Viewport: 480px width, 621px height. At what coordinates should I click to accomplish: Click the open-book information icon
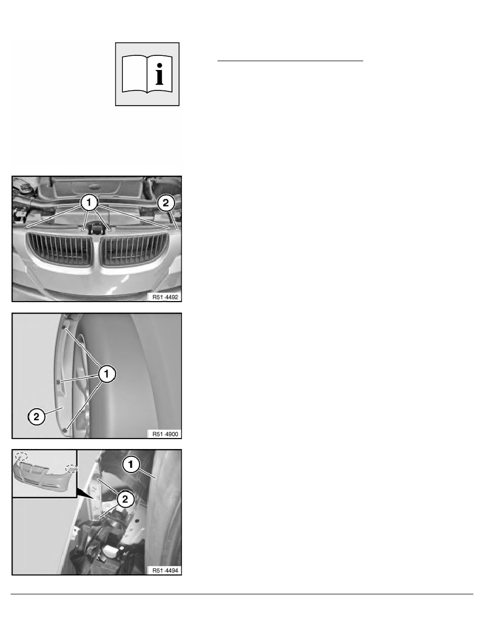pyautogui.click(x=147, y=74)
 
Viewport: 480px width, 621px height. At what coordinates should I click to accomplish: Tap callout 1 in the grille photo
pyautogui.click(x=89, y=202)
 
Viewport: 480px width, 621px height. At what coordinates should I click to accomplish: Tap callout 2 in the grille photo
pyautogui.click(x=166, y=203)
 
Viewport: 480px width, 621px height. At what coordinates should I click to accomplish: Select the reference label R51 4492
pyautogui.click(x=166, y=297)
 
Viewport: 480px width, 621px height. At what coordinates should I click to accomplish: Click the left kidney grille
pyautogui.click(x=60, y=249)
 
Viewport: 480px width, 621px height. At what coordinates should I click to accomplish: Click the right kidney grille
pyautogui.click(x=134, y=249)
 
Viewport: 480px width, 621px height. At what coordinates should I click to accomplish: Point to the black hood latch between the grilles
pyautogui.click(x=96, y=228)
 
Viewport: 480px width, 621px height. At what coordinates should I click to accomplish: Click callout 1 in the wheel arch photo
pyautogui.click(x=107, y=373)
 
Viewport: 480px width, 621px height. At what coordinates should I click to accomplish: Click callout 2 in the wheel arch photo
pyautogui.click(x=37, y=417)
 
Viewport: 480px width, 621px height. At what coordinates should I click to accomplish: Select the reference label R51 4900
pyautogui.click(x=166, y=434)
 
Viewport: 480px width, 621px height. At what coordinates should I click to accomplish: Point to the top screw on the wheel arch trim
pyautogui.click(x=64, y=327)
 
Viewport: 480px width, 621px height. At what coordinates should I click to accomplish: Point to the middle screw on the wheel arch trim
pyautogui.click(x=59, y=382)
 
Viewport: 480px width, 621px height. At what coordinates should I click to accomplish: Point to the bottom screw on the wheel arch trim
pyautogui.click(x=65, y=429)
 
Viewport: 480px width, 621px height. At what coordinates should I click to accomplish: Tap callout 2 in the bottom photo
pyautogui.click(x=125, y=499)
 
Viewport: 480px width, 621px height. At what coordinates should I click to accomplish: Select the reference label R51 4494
pyautogui.click(x=166, y=571)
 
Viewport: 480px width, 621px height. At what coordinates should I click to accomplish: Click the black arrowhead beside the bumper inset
pyautogui.click(x=86, y=493)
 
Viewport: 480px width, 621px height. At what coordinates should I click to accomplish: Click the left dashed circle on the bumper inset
pyautogui.click(x=21, y=456)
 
